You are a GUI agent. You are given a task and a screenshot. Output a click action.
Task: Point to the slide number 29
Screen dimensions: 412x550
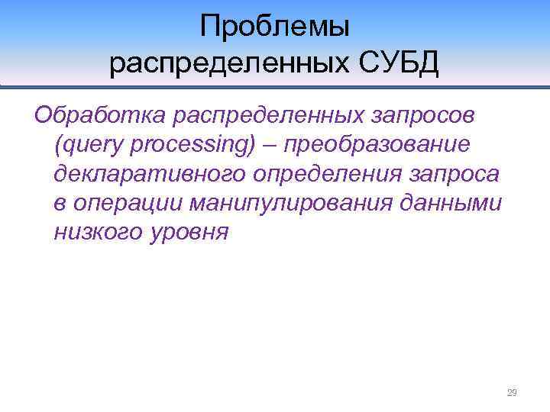pyautogui.click(x=512, y=393)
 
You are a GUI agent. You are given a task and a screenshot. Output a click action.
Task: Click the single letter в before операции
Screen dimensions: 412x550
pyautogui.click(x=61, y=203)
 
